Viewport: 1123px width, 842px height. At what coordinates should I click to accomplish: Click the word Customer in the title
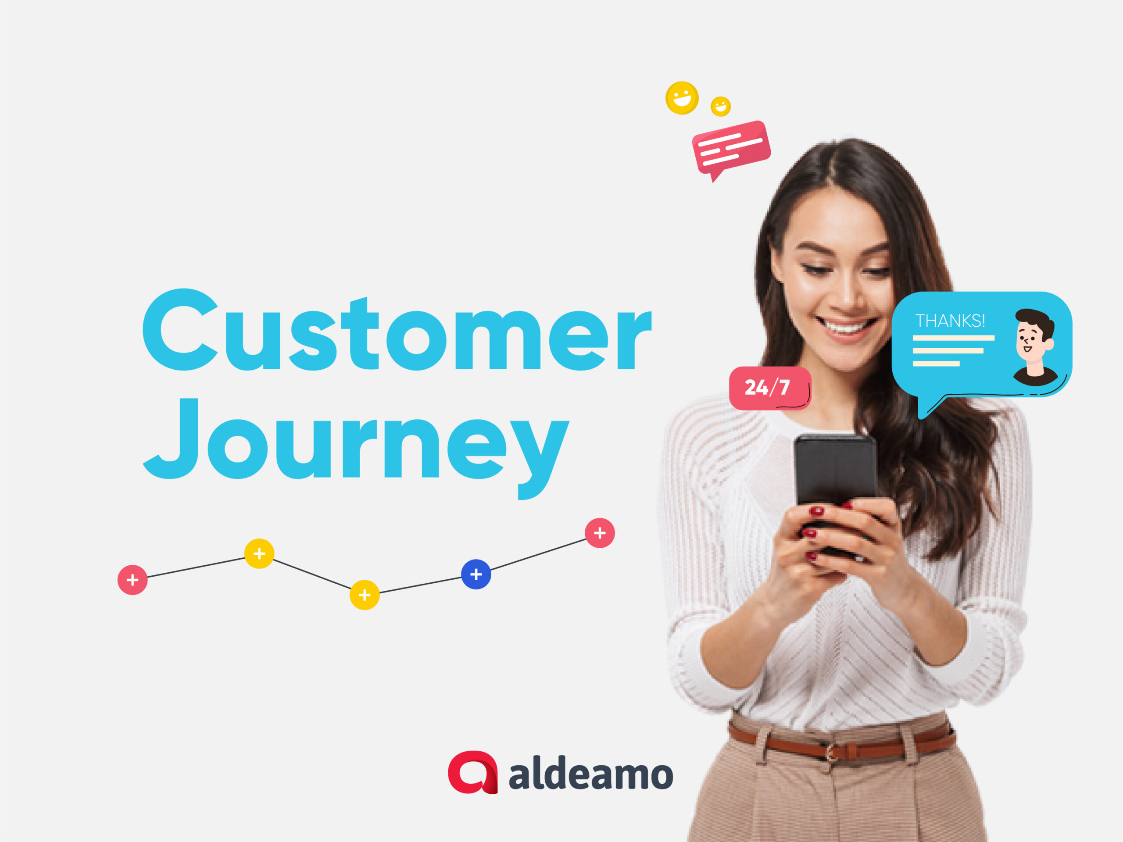click(x=397, y=330)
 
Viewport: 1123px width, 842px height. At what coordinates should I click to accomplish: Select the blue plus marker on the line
click(x=476, y=574)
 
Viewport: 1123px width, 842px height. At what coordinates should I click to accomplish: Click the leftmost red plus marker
click(x=132, y=580)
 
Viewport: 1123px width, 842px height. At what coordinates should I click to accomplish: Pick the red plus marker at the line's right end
click(x=600, y=533)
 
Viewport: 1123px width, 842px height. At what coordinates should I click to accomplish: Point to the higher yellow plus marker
click(x=259, y=553)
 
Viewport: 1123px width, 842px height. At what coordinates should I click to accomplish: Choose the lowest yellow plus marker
click(x=365, y=595)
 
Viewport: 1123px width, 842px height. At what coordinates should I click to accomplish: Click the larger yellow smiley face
click(x=682, y=98)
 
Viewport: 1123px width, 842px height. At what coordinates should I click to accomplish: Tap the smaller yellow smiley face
click(x=720, y=107)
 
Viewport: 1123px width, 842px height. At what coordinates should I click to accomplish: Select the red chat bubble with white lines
click(x=731, y=149)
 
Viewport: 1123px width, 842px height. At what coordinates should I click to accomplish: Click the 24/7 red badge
click(x=770, y=388)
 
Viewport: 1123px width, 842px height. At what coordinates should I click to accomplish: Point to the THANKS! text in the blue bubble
click(x=950, y=321)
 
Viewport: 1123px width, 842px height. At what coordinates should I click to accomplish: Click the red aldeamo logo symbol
click(x=472, y=772)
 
